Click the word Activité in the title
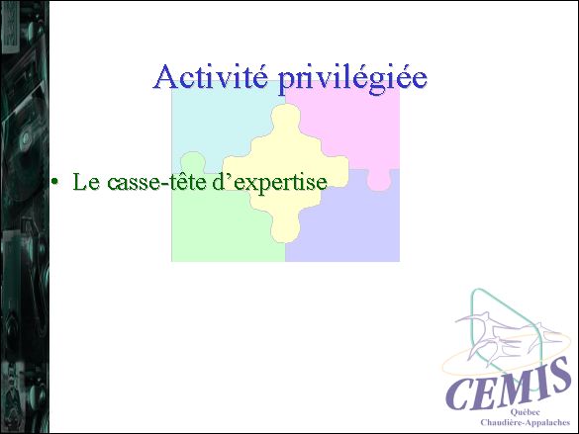211,77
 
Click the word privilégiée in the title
352,79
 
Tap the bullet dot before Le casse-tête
55,182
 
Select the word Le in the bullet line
86,182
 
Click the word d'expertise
270,182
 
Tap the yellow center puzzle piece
285,173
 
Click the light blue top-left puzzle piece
222,122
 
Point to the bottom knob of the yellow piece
285,229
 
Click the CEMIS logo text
507,384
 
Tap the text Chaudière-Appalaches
526,422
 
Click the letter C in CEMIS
460,393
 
